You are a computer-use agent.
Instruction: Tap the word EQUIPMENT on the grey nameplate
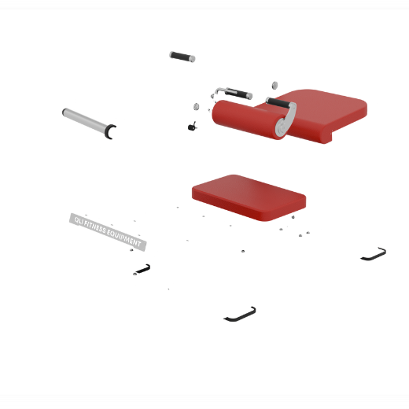124,238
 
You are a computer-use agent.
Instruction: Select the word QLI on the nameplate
79,221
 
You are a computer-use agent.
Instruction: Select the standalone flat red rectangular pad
249,197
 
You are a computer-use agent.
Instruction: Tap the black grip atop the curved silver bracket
278,102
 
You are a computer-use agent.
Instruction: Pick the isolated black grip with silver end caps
182,57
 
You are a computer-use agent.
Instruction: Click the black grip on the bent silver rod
238,93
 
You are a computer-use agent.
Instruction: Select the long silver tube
84,120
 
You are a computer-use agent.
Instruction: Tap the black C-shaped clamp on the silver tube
109,131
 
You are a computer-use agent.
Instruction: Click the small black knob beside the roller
192,127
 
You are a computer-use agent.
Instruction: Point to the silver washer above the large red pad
275,86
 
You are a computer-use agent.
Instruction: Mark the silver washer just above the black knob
196,107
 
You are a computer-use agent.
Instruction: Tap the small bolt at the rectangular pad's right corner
293,217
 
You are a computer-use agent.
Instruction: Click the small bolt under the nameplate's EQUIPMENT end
131,250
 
